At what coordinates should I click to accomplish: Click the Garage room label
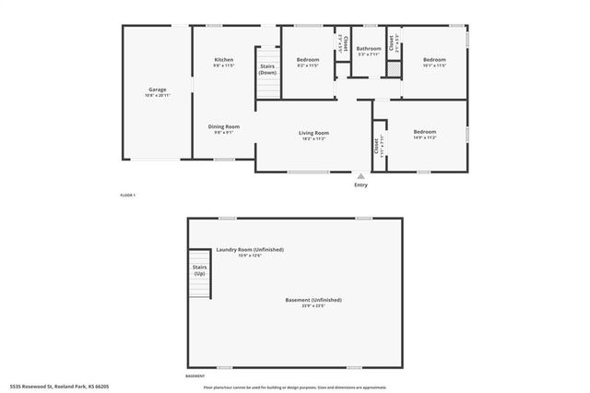coord(158,89)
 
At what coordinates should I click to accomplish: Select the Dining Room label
coord(224,126)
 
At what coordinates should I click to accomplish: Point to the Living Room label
coord(313,133)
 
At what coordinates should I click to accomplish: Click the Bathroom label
coord(369,49)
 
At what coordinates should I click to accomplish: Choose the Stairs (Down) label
coord(267,70)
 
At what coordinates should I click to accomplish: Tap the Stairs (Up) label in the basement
coord(199,270)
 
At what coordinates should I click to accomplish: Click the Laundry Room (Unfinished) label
coord(250,250)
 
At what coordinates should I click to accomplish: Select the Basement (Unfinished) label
coord(313,300)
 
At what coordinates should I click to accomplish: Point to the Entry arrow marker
coord(360,175)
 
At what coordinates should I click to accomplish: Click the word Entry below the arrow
coord(360,185)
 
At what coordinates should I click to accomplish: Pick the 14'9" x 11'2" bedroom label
coord(424,132)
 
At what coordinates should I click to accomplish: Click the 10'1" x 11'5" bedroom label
coord(433,60)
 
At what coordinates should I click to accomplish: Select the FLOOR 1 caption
coord(127,195)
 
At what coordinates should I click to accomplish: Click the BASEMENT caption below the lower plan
coord(195,376)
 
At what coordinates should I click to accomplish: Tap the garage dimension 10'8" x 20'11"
coord(158,96)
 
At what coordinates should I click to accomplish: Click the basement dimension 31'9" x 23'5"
coord(313,306)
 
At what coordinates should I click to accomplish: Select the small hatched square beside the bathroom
coord(394,69)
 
